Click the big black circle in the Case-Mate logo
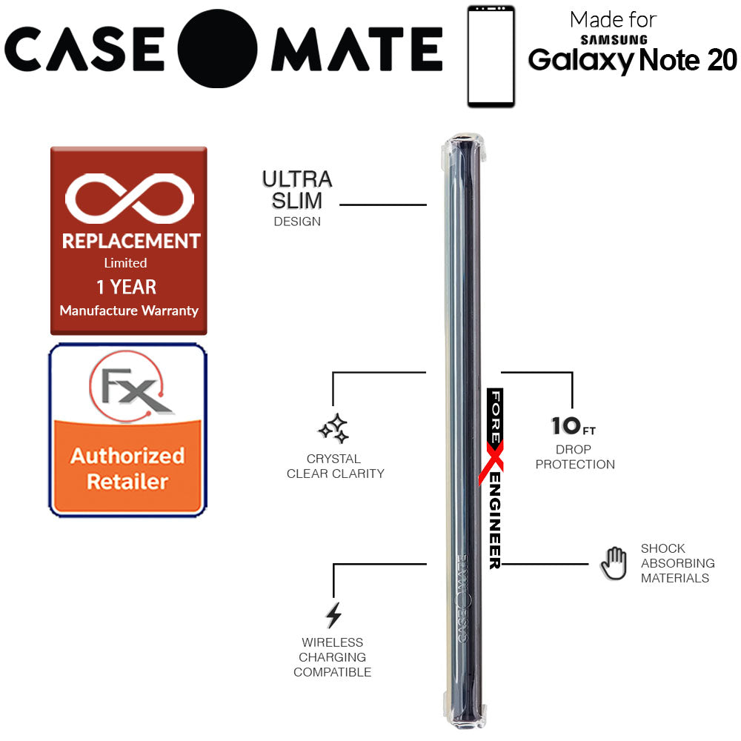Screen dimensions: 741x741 217,49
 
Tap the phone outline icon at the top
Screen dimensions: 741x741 491,56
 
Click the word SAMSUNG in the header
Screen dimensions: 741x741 614,40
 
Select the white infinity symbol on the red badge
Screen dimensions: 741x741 130,198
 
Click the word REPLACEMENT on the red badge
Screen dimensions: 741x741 131,241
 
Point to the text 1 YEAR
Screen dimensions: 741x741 126,287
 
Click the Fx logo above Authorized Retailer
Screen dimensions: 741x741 130,385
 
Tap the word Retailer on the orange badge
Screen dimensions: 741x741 127,482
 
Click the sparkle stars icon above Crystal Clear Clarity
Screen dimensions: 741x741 333,429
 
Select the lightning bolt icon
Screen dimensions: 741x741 333,615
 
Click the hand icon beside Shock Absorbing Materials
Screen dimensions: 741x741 614,563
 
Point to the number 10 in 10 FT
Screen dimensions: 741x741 565,426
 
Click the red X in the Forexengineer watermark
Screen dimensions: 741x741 491,462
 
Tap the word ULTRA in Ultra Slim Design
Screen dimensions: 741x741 297,179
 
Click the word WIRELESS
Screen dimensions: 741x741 332,642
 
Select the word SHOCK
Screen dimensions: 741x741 662,548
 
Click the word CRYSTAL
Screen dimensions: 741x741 333,459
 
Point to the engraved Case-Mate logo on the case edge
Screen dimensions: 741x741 462,599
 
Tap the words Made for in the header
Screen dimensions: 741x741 613,20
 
